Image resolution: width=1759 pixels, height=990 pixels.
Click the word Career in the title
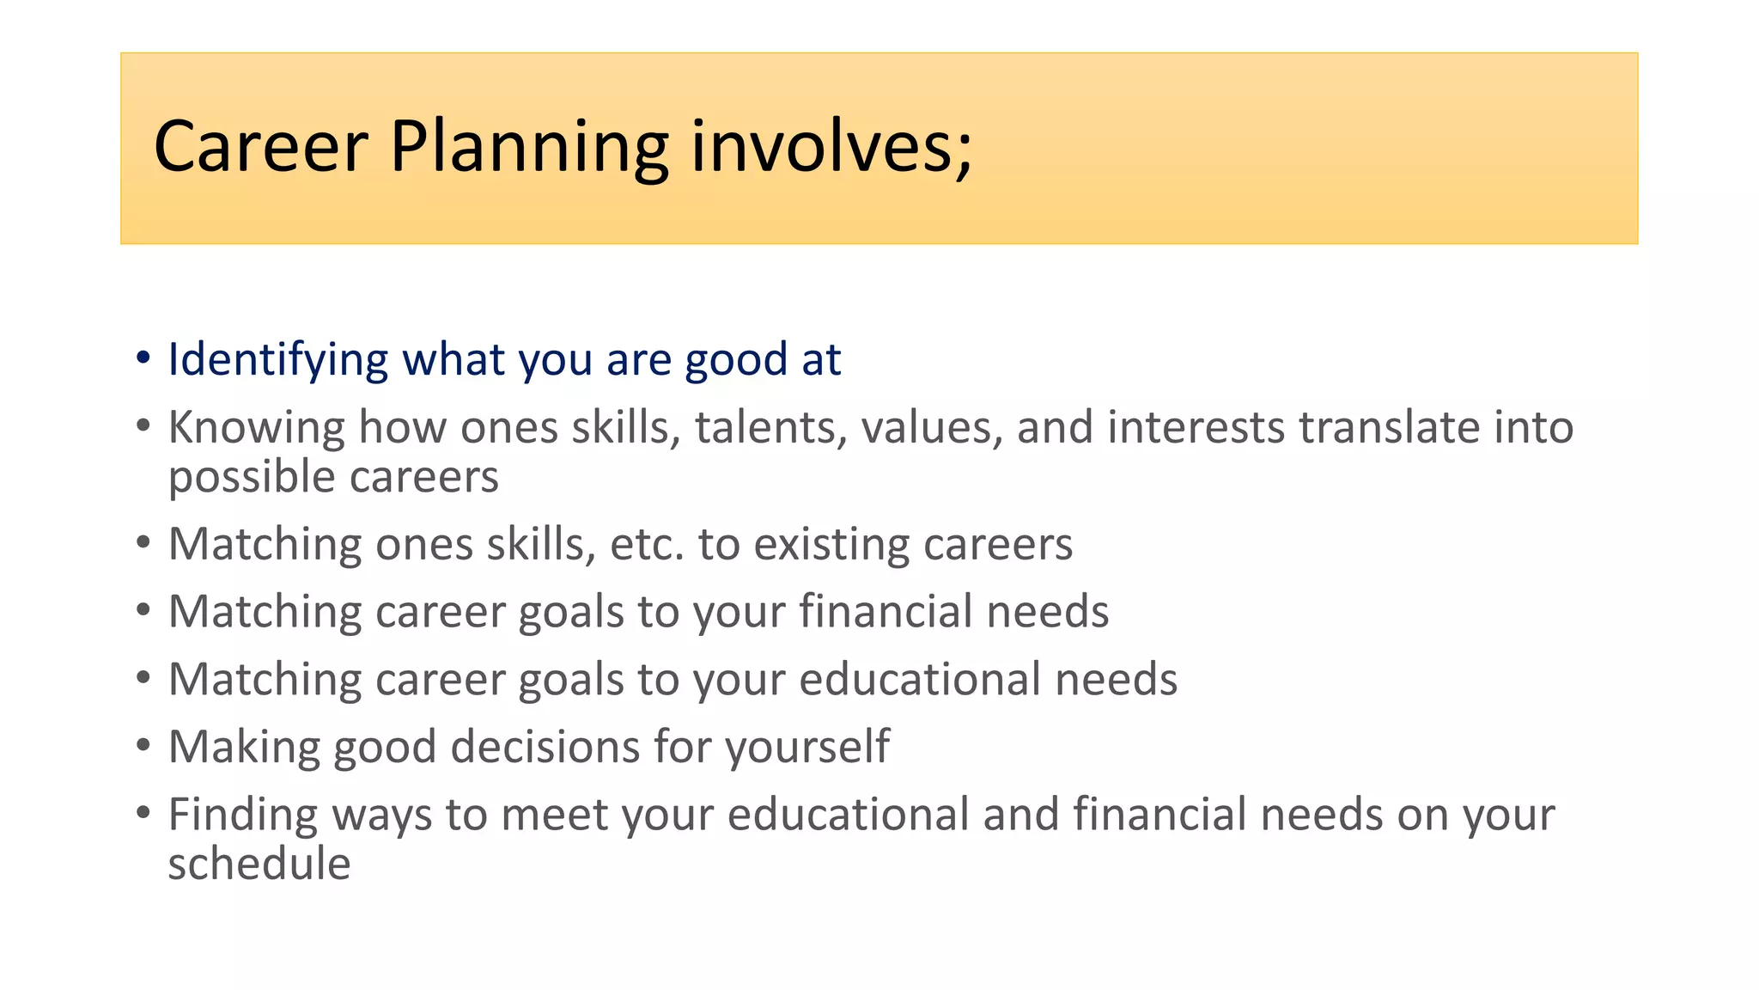(x=260, y=148)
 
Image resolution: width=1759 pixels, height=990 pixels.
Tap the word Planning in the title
(x=528, y=148)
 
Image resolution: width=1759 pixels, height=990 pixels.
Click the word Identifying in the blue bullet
(x=277, y=360)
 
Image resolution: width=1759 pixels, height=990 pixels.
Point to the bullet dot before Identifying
(x=143, y=357)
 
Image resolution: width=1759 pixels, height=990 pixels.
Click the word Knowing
(x=255, y=428)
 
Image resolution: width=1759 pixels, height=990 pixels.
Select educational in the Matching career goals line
(x=920, y=680)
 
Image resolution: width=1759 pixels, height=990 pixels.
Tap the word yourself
(x=807, y=747)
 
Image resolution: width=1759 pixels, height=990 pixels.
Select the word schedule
(x=259, y=865)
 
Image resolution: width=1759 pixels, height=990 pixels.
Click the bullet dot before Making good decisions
(x=143, y=745)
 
